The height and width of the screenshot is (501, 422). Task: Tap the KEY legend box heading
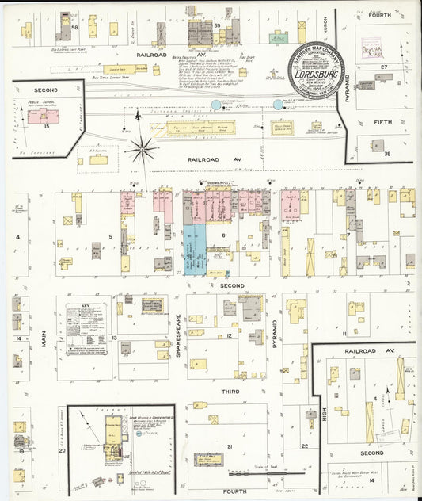tap(85, 304)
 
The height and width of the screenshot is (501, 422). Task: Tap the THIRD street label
tap(230, 392)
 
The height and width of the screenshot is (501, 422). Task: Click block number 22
tap(305, 446)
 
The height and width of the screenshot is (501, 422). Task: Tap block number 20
tap(61, 450)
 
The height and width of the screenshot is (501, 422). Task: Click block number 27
tap(384, 67)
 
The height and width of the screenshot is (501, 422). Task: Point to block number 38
tap(388, 154)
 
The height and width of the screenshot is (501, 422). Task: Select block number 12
tap(229, 336)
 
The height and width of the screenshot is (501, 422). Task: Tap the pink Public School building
tap(44, 116)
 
